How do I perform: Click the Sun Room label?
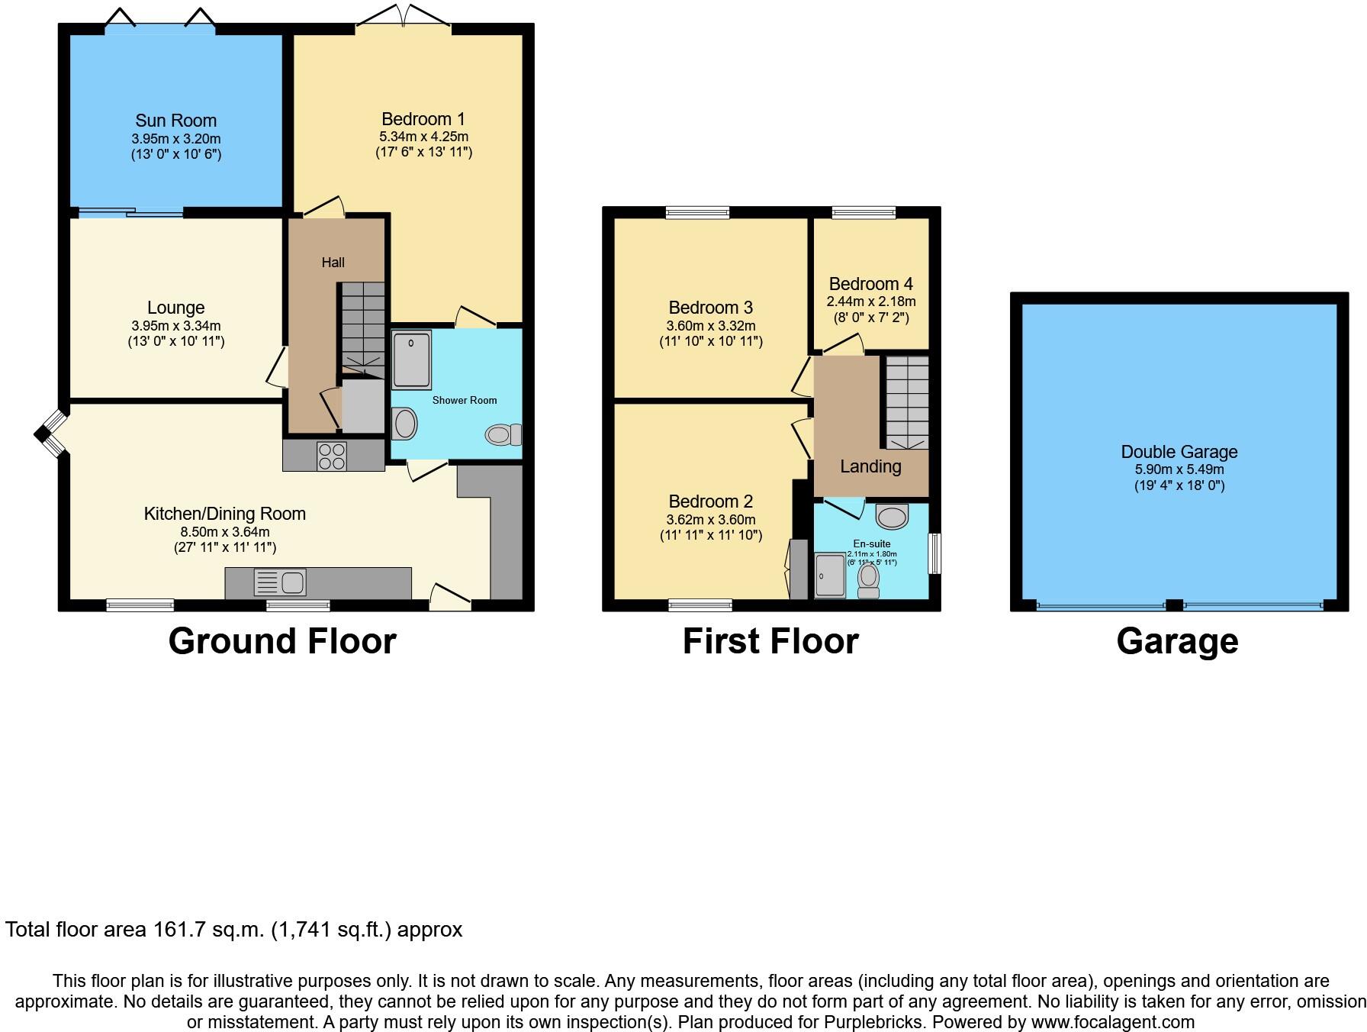175,121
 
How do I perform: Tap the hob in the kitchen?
332,456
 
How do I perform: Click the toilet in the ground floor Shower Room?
503,435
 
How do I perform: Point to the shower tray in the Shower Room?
412,359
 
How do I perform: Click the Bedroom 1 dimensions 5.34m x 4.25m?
423,137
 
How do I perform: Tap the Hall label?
333,263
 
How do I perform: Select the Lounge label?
175,308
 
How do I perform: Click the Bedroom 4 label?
870,284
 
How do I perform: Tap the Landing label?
870,466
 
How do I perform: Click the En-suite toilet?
868,580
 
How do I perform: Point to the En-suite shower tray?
830,575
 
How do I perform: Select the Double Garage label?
1179,452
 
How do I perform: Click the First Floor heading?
770,641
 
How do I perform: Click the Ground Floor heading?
281,641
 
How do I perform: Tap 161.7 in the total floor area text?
180,930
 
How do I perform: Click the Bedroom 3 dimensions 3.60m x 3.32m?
710,326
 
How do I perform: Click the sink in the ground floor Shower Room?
405,423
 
